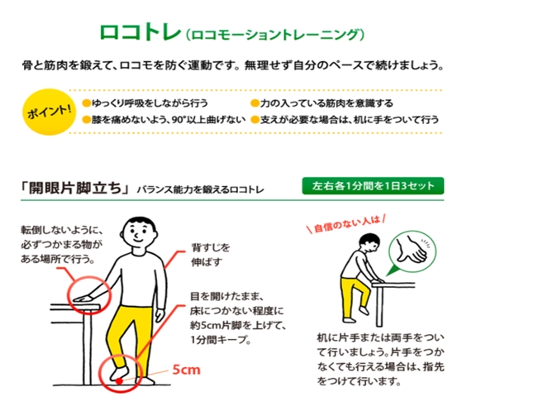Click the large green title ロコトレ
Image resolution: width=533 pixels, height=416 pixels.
click(140, 32)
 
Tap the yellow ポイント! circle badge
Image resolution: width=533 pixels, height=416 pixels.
click(50, 112)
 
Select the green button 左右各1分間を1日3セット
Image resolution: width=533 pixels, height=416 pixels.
click(373, 186)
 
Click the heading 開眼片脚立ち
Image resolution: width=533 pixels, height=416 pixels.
click(75, 188)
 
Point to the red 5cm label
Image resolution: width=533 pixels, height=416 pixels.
click(186, 370)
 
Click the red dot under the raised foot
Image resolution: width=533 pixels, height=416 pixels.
click(119, 380)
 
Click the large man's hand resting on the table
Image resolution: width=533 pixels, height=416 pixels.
click(83, 299)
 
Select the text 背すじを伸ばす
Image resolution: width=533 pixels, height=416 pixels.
click(211, 255)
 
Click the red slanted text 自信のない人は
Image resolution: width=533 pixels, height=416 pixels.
click(347, 224)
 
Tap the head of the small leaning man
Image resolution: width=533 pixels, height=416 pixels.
click(369, 243)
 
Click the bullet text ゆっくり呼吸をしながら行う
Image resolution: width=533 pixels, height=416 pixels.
click(150, 103)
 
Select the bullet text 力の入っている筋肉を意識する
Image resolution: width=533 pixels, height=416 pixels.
click(326, 103)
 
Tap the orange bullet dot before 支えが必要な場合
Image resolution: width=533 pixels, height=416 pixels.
click(255, 120)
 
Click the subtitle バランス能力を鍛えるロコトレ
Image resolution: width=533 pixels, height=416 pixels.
click(200, 189)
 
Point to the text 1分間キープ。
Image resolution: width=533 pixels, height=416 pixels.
click(221, 339)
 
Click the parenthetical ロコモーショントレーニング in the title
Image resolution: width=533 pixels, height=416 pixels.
click(275, 35)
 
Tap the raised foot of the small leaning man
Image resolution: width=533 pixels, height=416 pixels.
click(364, 311)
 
